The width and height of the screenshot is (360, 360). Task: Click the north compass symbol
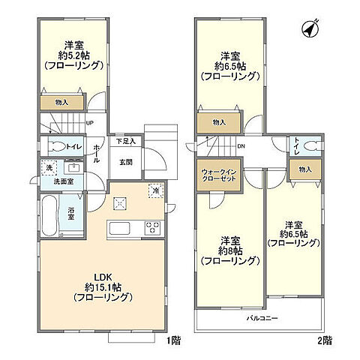[307, 29]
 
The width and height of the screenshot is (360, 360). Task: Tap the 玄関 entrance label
[125, 161]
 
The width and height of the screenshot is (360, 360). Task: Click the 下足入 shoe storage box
[124, 141]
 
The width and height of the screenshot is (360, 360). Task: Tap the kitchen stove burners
[153, 228]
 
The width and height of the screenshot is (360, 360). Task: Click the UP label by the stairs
[90, 124]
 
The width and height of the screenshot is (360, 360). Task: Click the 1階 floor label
[174, 341]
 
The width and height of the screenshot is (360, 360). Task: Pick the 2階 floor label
[324, 341]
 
